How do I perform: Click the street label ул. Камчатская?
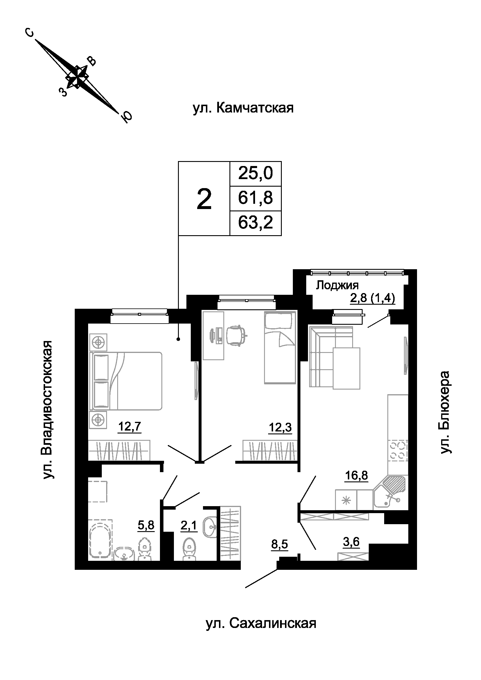point(243,108)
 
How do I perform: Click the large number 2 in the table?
point(204,199)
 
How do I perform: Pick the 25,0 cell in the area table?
point(256,173)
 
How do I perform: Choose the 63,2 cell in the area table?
point(256,222)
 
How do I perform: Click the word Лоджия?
point(337,285)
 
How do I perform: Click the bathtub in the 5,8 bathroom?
point(100,540)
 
